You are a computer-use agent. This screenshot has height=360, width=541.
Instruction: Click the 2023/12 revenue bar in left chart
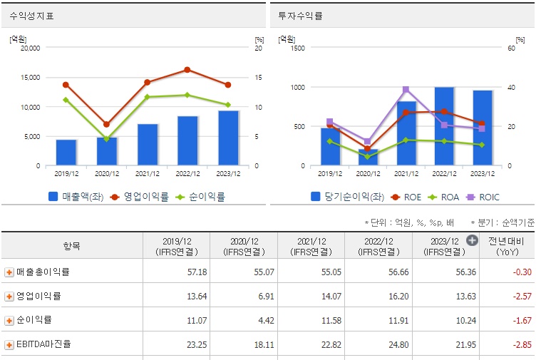(x=228, y=138)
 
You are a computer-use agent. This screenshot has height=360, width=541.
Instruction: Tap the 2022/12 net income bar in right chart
(x=444, y=127)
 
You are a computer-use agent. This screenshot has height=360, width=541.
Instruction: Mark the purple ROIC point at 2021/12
(x=406, y=90)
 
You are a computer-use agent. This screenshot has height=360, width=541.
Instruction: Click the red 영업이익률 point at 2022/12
(x=187, y=70)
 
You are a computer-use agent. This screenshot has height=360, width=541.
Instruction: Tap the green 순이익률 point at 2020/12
(x=107, y=139)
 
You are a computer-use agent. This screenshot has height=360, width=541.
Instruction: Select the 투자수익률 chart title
(x=299, y=15)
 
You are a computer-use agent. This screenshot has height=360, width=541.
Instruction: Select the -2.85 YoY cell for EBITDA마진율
(x=509, y=344)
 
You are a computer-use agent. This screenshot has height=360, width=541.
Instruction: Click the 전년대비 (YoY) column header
(x=509, y=246)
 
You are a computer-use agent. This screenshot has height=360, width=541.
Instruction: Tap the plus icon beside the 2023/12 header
(x=472, y=240)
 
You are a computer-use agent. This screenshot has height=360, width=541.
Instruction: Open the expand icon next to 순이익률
(x=9, y=320)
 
